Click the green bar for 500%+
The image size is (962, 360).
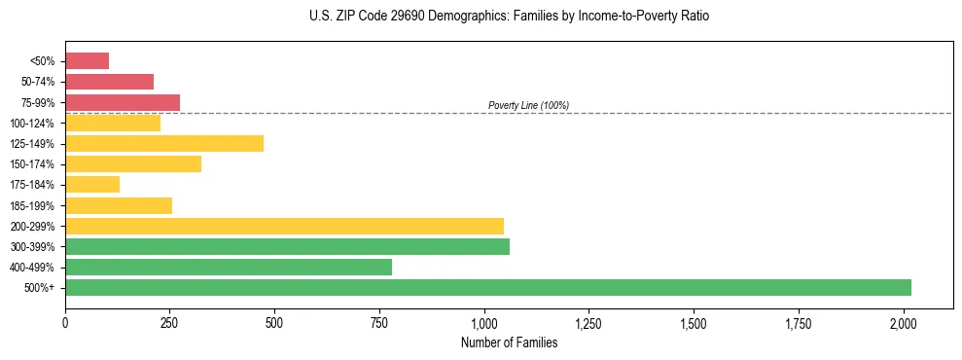(488, 287)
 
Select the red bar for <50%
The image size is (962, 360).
(87, 61)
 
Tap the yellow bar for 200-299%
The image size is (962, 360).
(284, 226)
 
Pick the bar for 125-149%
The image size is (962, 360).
(164, 144)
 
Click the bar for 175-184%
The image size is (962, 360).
(92, 185)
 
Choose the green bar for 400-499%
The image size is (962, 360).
(229, 267)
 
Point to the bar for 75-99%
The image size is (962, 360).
(123, 102)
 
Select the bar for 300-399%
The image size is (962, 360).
(287, 246)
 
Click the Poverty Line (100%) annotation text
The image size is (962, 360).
(528, 105)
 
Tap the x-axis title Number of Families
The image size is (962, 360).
(509, 342)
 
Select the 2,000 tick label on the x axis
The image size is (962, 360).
(904, 321)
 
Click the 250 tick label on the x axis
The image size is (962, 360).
(170, 321)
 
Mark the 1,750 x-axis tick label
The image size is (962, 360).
(799, 321)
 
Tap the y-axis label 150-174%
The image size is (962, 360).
(32, 164)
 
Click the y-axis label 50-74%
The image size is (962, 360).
(37, 82)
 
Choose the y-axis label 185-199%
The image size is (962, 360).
(32, 205)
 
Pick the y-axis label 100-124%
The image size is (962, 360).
(32, 124)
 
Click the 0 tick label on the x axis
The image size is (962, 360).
(65, 321)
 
